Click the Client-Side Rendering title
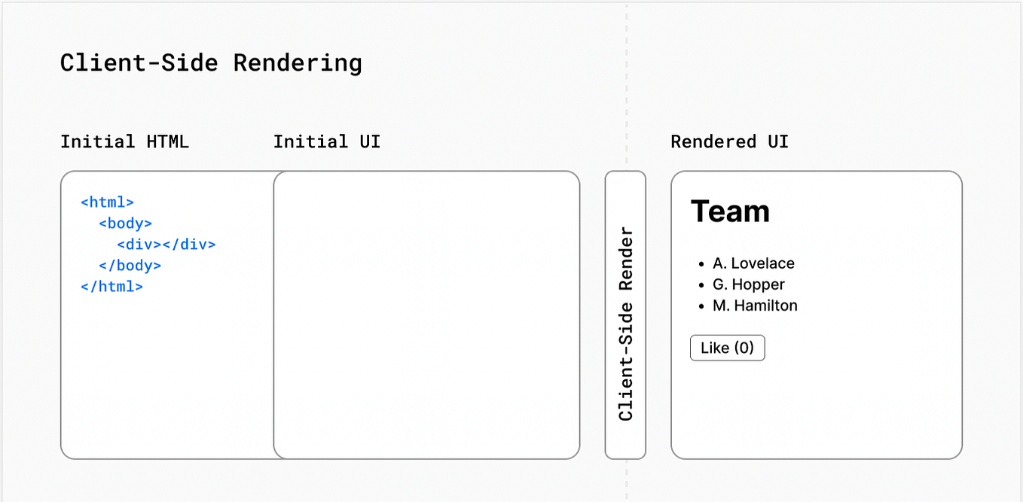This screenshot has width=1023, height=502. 211,62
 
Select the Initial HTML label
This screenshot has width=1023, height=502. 124,141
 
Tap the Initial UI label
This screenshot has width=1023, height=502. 326,141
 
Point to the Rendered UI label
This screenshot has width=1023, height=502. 729,141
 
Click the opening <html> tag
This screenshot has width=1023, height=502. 107,202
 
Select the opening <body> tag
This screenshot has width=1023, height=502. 125,224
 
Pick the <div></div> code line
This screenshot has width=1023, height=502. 166,245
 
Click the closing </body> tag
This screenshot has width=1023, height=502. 130,266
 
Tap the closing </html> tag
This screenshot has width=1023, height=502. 111,287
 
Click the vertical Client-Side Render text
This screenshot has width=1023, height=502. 625,324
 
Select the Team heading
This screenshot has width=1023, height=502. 730,211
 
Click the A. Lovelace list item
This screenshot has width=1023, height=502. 753,263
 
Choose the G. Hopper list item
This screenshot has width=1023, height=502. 748,284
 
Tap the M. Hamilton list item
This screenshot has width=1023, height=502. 755,306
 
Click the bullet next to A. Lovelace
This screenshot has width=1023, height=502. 701,264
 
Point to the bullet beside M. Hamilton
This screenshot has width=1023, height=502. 701,306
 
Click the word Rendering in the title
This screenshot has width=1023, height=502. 298,62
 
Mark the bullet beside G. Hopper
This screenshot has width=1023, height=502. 701,285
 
